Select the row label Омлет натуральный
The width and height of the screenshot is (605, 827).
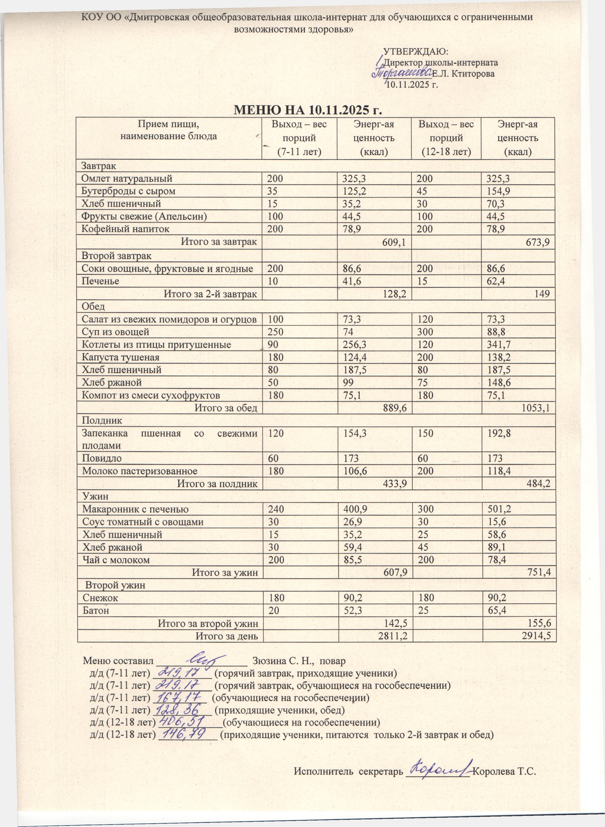pos(127,179)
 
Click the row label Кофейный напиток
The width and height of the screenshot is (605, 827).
pos(126,229)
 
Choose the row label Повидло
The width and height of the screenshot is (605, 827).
pos(102,458)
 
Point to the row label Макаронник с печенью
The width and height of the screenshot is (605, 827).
pos(135,509)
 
